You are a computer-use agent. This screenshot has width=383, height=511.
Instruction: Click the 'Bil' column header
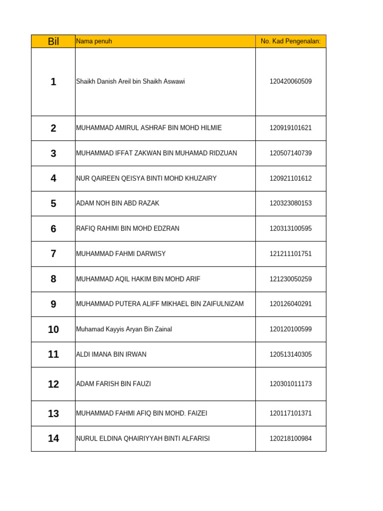[x=53, y=41]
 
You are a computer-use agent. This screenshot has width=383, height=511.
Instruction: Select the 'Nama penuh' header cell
[x=94, y=41]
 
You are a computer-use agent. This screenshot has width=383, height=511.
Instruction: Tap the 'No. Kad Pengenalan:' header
[x=290, y=41]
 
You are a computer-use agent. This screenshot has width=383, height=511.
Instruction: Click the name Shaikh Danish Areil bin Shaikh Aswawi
[x=130, y=81]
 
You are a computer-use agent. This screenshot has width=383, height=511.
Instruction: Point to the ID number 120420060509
[x=291, y=81]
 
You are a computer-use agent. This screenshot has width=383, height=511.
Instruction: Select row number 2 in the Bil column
[x=53, y=128]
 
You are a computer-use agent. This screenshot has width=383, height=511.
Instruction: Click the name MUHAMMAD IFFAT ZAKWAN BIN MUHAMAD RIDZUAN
[x=157, y=153]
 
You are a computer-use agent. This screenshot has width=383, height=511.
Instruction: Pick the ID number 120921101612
[x=291, y=178]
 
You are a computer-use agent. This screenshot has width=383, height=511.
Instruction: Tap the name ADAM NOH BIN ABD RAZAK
[x=118, y=204]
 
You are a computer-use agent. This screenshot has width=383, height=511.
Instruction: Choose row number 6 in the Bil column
[x=53, y=229]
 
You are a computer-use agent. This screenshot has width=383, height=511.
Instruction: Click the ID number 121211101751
[x=291, y=254]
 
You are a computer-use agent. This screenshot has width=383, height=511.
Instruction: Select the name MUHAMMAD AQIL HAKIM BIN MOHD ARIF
[x=138, y=279]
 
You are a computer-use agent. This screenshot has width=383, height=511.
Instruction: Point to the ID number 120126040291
[x=291, y=304]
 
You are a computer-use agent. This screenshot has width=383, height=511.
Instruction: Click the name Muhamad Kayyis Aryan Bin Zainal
[x=124, y=329]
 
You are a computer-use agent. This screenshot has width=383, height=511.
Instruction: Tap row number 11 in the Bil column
[x=53, y=354]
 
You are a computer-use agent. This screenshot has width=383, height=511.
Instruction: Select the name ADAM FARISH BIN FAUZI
[x=113, y=384]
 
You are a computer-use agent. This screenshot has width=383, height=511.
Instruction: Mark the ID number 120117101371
[x=291, y=413]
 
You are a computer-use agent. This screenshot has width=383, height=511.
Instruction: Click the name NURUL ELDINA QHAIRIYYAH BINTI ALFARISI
[x=143, y=439]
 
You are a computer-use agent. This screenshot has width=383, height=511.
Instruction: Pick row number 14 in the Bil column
[x=53, y=439]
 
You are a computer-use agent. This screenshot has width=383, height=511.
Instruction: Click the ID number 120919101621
[x=291, y=128]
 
